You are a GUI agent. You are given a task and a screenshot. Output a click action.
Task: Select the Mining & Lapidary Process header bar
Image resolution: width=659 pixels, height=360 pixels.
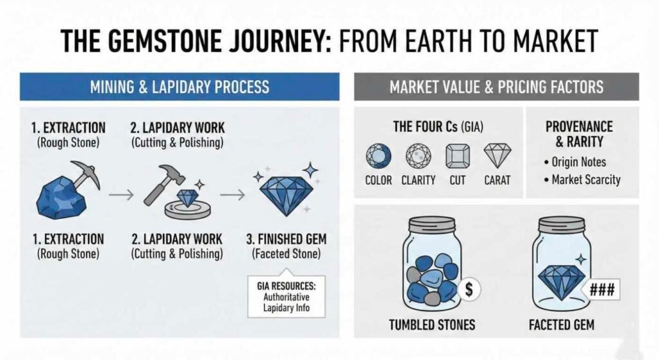[x=180, y=86]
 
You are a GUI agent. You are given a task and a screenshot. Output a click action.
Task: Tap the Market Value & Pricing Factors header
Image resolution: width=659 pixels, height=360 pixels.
[x=496, y=86]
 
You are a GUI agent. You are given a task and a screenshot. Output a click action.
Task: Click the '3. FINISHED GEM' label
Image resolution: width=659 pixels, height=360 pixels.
[x=286, y=239]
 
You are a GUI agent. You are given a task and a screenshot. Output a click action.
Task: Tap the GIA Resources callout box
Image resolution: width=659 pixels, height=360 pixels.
[x=286, y=296]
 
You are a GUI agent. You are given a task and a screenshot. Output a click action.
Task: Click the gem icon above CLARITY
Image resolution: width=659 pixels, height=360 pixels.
[x=418, y=156]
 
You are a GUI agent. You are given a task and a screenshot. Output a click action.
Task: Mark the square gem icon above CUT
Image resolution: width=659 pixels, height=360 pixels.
[x=458, y=156]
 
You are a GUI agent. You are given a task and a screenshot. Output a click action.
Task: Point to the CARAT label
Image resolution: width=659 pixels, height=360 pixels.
[x=497, y=180]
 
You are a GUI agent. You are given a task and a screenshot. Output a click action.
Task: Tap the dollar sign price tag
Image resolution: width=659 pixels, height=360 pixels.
[x=469, y=289]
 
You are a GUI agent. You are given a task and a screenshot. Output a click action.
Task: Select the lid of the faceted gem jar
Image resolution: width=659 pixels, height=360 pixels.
[x=562, y=224]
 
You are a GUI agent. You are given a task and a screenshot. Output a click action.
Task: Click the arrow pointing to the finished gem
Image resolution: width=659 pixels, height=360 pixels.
[x=232, y=194]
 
